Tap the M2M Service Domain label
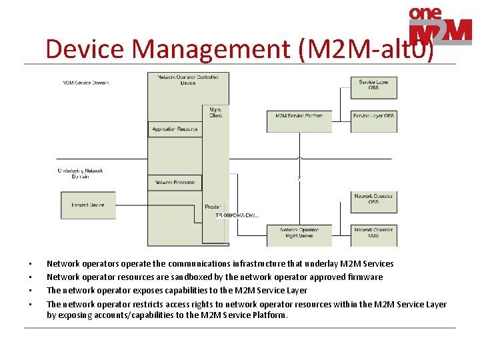tap(85, 83)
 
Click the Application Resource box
tap(175, 129)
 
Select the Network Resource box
tap(175, 182)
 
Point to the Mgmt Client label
tap(215, 112)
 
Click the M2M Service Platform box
tap(299, 115)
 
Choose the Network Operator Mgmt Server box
tap(299, 233)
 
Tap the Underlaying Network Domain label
tap(80, 173)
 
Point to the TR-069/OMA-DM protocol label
tap(237, 215)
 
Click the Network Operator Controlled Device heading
tap(188, 80)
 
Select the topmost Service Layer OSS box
tap(373, 85)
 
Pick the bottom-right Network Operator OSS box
tap(373, 233)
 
